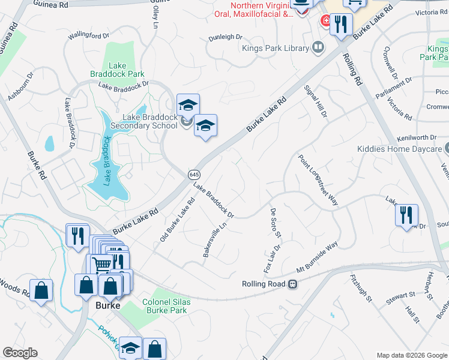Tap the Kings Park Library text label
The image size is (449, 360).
point(276,48)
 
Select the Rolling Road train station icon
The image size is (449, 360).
point(292,284)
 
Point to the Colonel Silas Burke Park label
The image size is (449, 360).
point(165,306)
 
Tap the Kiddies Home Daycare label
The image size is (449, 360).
point(399,148)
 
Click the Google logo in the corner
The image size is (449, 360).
point(20,353)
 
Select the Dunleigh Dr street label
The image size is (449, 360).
point(225,37)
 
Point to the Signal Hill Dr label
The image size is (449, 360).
point(316,101)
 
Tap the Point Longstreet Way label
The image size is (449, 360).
point(318,180)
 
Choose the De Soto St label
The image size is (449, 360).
point(276,223)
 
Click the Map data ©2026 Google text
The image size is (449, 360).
point(411,355)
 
